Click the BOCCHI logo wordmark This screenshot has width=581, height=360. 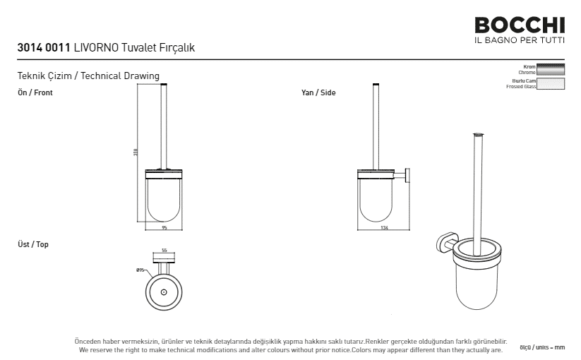520,25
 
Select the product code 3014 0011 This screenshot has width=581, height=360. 44,48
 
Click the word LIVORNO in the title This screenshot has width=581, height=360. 96,48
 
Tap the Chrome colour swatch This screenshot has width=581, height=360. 551,69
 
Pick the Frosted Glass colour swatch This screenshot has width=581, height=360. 551,83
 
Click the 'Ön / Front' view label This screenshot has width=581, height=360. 35,92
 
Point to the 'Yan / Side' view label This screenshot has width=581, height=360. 318,92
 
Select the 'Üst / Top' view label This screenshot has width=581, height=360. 33,244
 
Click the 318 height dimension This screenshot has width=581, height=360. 136,152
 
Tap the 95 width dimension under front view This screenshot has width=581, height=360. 164,228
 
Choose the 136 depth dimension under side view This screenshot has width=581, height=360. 384,228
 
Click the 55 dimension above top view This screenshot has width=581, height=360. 164,251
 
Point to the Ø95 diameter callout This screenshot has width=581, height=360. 140,270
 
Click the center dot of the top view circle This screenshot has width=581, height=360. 164,292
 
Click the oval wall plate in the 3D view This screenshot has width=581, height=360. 443,244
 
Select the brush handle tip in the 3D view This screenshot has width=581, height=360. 479,135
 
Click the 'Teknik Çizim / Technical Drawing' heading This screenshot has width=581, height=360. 88,76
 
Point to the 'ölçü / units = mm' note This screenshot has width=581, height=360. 542,348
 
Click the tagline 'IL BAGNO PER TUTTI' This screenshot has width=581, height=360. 520,40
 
